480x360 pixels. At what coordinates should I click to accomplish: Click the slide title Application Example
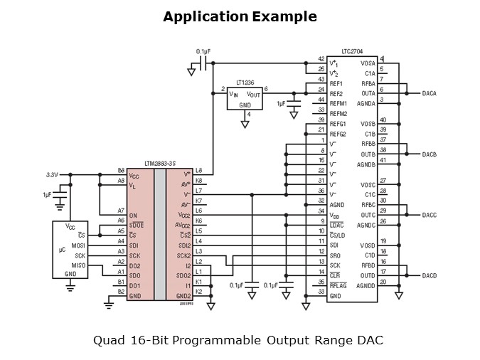click(x=240, y=16)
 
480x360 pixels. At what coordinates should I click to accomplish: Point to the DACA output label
click(x=430, y=94)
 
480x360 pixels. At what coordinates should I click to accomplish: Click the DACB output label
click(x=430, y=154)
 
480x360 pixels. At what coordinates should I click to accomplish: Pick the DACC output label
click(x=430, y=215)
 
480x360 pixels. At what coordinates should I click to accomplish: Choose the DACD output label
click(x=430, y=275)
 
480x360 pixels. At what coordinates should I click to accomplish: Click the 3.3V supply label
click(x=52, y=174)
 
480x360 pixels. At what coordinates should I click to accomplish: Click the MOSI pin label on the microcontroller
click(x=78, y=245)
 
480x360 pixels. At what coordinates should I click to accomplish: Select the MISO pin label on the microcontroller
click(x=78, y=265)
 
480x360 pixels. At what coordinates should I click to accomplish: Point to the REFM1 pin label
click(x=338, y=104)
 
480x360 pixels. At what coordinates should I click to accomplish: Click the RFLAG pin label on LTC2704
click(x=338, y=285)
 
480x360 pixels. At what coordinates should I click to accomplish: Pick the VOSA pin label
click(x=368, y=64)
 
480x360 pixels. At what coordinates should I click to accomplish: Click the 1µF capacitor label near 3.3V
click(x=47, y=194)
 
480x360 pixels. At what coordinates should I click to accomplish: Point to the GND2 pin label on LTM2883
click(x=183, y=295)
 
